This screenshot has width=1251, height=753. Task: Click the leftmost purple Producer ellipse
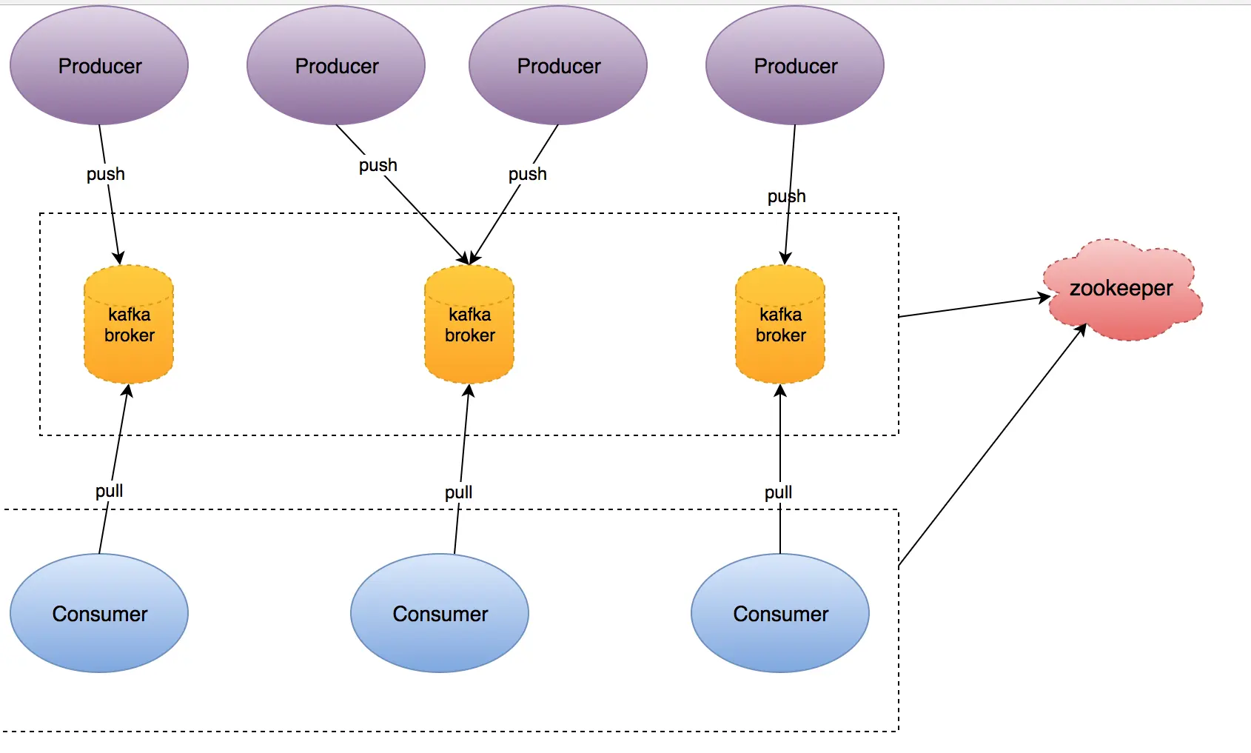tap(99, 65)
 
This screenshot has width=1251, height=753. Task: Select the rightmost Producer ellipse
tap(795, 65)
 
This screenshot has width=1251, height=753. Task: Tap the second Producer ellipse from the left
tap(336, 65)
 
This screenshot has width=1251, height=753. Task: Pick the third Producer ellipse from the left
tap(558, 65)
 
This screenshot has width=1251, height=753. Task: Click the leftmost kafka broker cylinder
tap(129, 324)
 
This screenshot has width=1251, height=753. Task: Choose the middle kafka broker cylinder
tap(469, 324)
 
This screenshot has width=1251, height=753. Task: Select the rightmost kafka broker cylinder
tap(780, 324)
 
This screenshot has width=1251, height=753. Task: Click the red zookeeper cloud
tap(1121, 289)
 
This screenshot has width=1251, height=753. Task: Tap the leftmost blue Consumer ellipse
tap(99, 613)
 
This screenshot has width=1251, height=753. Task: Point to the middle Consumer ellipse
tap(440, 613)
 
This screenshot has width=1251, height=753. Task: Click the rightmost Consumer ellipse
tap(780, 613)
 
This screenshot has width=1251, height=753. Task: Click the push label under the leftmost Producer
tap(106, 174)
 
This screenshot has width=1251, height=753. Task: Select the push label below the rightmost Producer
tap(786, 196)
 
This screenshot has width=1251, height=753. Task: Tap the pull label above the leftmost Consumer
tap(109, 491)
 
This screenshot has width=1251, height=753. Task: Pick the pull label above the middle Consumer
tap(458, 492)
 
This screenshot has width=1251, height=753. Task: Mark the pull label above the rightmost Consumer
tap(778, 492)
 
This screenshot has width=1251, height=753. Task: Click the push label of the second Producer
tap(378, 165)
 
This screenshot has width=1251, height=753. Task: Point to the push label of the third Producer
tap(527, 174)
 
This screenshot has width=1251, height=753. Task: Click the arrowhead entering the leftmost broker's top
tap(118, 258)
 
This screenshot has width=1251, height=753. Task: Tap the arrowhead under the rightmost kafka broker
tap(780, 390)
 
